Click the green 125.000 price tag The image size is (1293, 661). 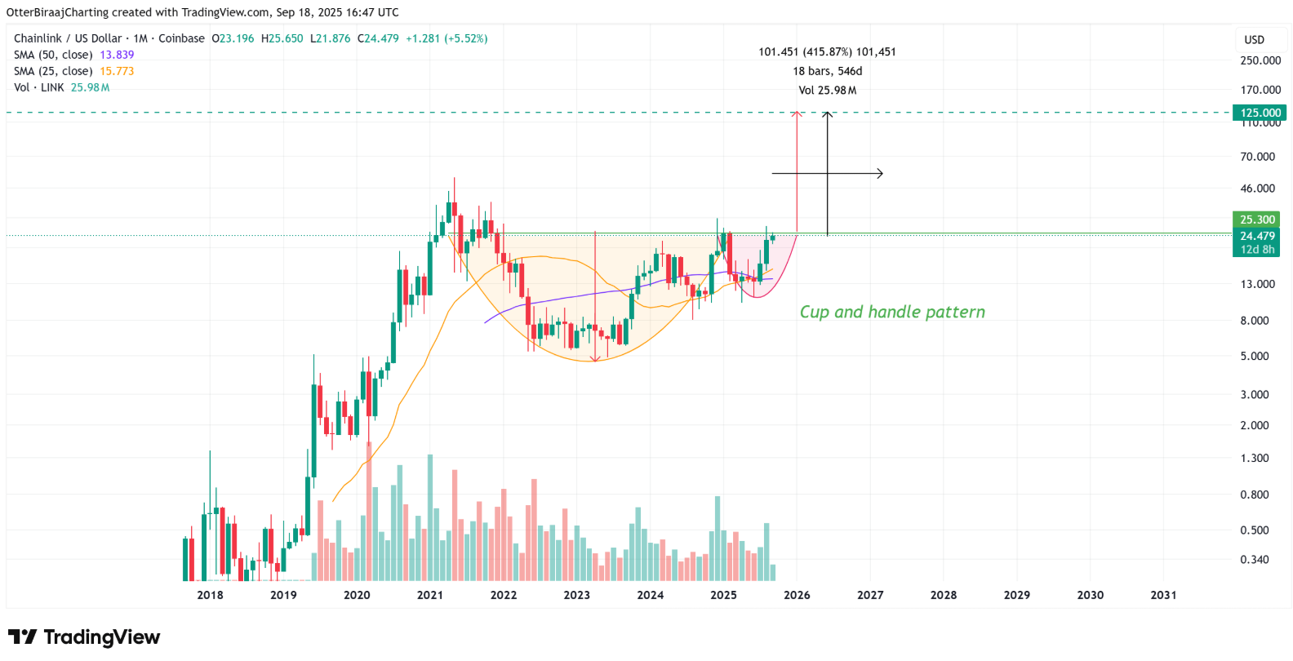pos(1260,113)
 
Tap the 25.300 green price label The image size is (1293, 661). pos(1256,220)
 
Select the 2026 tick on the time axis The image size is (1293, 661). pos(797,595)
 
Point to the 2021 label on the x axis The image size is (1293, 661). pos(430,595)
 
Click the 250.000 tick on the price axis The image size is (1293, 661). pos(1260,60)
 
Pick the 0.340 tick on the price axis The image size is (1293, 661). pos(1255,560)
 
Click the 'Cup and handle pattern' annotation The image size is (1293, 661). pos(892,312)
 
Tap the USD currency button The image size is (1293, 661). pos(1254,40)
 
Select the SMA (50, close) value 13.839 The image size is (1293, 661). pos(117,55)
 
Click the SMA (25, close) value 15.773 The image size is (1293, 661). pos(117,71)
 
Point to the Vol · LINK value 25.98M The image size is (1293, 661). pos(90,87)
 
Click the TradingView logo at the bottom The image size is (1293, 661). pos(84,637)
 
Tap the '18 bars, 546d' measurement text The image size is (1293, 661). pos(827,71)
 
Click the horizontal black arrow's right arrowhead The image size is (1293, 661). pos(881,173)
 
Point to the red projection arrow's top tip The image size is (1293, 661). pos(798,113)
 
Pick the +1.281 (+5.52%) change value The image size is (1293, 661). pos(447,38)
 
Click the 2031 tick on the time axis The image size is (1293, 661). pos(1163,595)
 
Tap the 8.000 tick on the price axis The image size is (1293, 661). pos(1255,321)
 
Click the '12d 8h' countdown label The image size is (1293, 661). pos(1256,250)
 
